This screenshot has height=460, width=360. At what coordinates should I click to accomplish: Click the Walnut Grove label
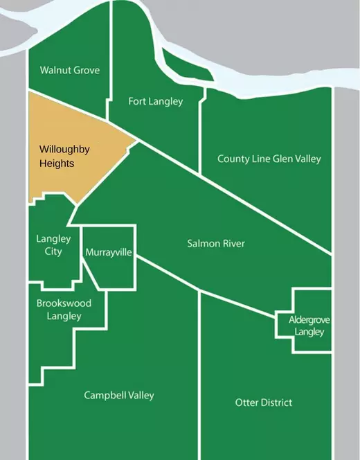pyautogui.click(x=69, y=70)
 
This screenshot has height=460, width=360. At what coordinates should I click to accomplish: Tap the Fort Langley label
pyautogui.click(x=156, y=102)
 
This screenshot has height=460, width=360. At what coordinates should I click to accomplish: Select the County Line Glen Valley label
pyautogui.click(x=269, y=159)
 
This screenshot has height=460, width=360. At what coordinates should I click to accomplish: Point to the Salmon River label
pyautogui.click(x=216, y=243)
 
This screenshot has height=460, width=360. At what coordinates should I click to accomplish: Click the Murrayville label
pyautogui.click(x=108, y=253)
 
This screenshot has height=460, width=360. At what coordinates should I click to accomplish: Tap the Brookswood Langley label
pyautogui.click(x=64, y=310)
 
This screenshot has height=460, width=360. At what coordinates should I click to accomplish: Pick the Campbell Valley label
pyautogui.click(x=119, y=396)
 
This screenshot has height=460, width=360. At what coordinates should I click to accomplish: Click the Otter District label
pyautogui.click(x=263, y=402)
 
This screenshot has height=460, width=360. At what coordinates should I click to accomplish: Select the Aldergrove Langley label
pyautogui.click(x=308, y=326)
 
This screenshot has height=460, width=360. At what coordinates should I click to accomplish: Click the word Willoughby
pyautogui.click(x=64, y=150)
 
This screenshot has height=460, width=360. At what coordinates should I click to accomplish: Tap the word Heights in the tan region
pyautogui.click(x=56, y=164)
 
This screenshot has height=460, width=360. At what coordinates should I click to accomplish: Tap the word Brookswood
pyautogui.click(x=64, y=303)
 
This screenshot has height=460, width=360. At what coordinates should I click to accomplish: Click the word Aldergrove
pyautogui.click(x=308, y=319)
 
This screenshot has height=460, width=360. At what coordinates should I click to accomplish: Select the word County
pyautogui.click(x=231, y=159)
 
